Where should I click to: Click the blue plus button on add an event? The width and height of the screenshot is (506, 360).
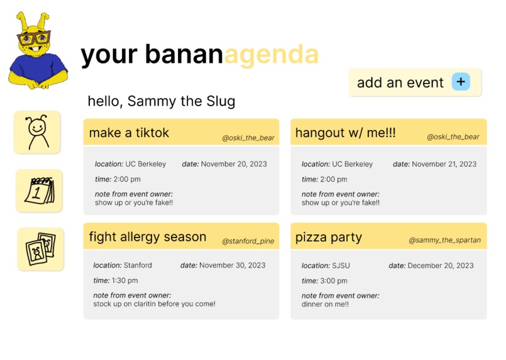pyautogui.click(x=461, y=82)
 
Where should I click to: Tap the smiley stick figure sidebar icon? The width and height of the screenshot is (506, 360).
pyautogui.click(x=37, y=132)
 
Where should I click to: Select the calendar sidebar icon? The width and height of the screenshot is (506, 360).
pyautogui.click(x=39, y=190)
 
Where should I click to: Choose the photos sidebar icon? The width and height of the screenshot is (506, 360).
pyautogui.click(x=40, y=249)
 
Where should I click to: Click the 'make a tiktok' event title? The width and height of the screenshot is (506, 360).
pyautogui.click(x=129, y=133)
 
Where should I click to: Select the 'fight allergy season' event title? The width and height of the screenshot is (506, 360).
pyautogui.click(x=148, y=237)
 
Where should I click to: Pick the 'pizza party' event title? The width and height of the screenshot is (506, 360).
pyautogui.click(x=328, y=237)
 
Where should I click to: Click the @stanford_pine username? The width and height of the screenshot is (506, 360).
pyautogui.click(x=248, y=241)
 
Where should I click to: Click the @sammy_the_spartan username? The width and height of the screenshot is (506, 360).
pyautogui.click(x=444, y=240)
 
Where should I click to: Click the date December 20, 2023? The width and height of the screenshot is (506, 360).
pyautogui.click(x=440, y=266)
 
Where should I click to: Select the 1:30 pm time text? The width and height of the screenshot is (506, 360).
pyautogui.click(x=124, y=281)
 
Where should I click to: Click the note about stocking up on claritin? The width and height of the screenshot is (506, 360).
pyautogui.click(x=154, y=304)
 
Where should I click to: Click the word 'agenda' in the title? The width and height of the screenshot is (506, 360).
pyautogui.click(x=271, y=55)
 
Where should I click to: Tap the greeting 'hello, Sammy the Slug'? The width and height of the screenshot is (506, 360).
pyautogui.click(x=161, y=101)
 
